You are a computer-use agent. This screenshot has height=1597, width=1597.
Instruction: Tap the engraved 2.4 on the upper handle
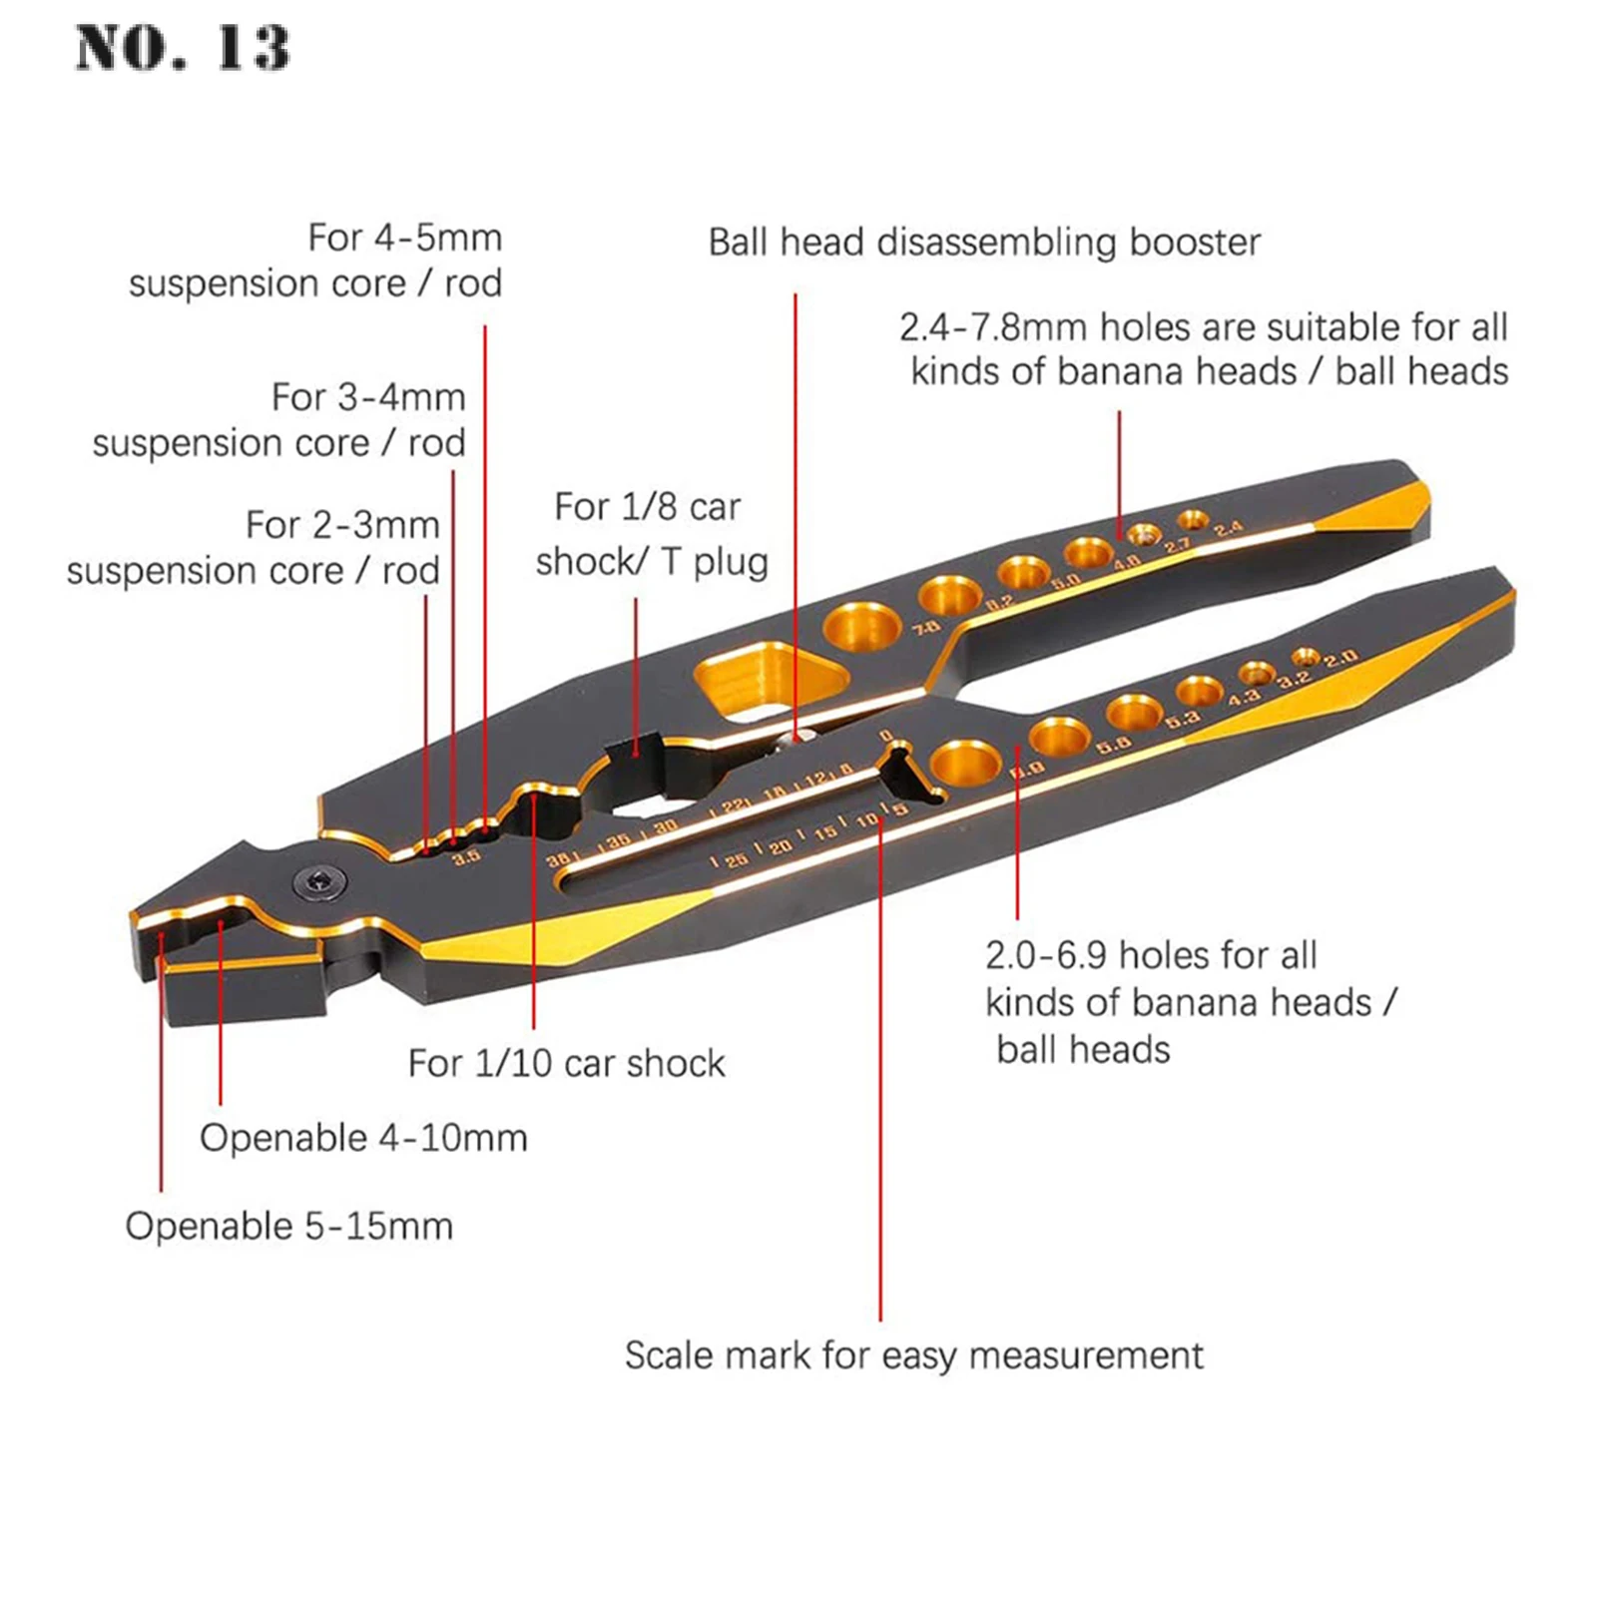tap(1229, 528)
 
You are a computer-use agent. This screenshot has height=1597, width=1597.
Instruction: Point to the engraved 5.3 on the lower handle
tap(1182, 718)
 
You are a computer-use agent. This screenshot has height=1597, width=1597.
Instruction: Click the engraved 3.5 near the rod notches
tap(465, 856)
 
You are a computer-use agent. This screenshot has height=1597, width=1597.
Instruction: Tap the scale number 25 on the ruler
tap(736, 859)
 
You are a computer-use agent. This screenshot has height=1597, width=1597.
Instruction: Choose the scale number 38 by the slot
tap(558, 858)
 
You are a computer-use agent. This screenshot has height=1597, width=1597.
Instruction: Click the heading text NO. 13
tap(183, 48)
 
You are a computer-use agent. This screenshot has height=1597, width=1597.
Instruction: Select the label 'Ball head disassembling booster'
tap(984, 243)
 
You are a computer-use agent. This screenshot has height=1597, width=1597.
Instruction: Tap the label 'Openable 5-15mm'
tap(288, 1226)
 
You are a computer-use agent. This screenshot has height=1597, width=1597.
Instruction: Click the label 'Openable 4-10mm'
tap(363, 1138)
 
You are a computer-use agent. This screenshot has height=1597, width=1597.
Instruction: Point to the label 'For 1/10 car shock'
tap(566, 1063)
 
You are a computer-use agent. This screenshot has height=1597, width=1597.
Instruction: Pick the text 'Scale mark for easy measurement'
tap(913, 1355)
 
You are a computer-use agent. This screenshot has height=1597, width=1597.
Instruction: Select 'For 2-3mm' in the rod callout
tap(342, 525)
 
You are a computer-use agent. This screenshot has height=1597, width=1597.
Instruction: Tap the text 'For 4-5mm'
tap(404, 238)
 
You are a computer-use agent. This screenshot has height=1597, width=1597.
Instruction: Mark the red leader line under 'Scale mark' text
tap(880, 1148)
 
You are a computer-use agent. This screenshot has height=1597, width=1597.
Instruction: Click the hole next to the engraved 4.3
tap(1199, 691)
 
